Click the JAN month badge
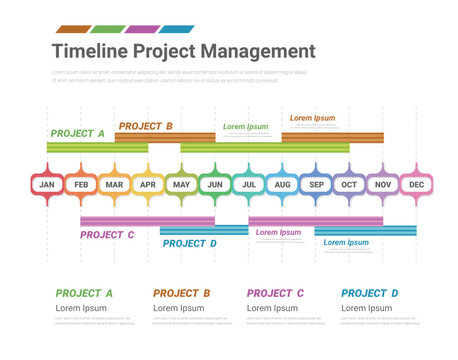pyautogui.click(x=47, y=185)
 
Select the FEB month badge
pyautogui.click(x=81, y=185)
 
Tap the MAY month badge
pyautogui.click(x=181, y=185)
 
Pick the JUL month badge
pyautogui.click(x=249, y=185)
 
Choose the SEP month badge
pyautogui.click(x=316, y=185)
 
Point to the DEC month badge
pyautogui.click(x=417, y=185)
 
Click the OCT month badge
pyautogui.click(x=349, y=185)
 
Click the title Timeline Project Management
pyautogui.click(x=183, y=51)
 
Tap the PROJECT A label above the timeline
pyautogui.click(x=77, y=133)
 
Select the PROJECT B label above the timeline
pyautogui.click(x=145, y=126)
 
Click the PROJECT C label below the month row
pyautogui.click(x=107, y=235)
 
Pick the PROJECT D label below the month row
pyautogui.click(x=190, y=243)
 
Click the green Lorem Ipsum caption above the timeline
pyautogui.click(x=246, y=127)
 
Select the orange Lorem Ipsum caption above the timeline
pyautogui.click(x=313, y=118)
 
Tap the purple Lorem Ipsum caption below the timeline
pyautogui.click(x=279, y=232)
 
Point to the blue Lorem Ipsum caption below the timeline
pyautogui.click(x=346, y=242)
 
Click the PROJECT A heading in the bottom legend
pyautogui.click(x=84, y=293)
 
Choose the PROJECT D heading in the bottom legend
pyautogui.click(x=370, y=293)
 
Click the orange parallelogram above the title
pyautogui.click(x=73, y=29)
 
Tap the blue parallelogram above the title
pyautogui.click(x=177, y=29)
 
